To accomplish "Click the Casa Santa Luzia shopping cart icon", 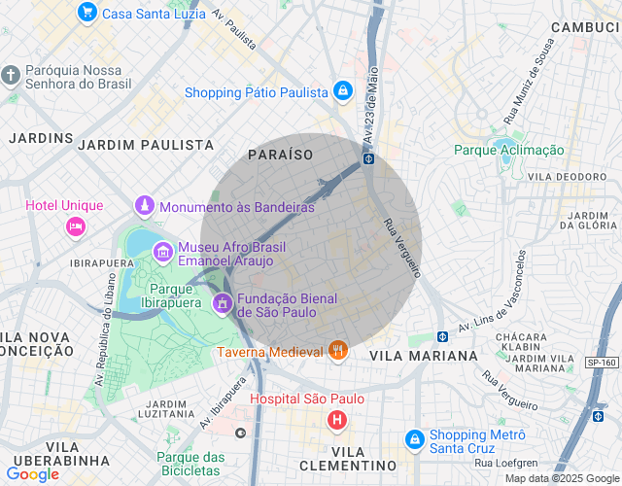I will (x=87, y=13).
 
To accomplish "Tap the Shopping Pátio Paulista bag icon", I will (x=342, y=91).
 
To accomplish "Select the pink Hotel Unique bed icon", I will (x=75, y=226).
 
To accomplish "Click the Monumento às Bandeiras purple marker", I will (x=145, y=206).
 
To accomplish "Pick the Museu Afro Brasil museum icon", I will (x=162, y=253).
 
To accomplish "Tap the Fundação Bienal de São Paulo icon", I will (x=223, y=304).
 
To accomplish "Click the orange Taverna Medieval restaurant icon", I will (x=338, y=351).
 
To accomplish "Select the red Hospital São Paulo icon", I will (x=336, y=420).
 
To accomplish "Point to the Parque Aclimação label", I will (x=508, y=150).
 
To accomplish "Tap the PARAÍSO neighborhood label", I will (x=280, y=155).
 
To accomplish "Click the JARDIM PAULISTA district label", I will (x=146, y=144).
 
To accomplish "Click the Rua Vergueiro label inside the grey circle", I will (x=401, y=245).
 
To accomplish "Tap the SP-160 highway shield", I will (x=603, y=363).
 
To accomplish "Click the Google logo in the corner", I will (x=33, y=474).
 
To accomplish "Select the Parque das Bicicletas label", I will (x=190, y=464).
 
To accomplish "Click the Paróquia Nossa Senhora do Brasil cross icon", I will (x=11, y=76).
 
